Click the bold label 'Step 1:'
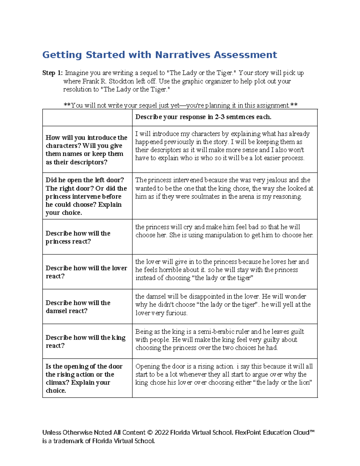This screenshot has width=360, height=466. click(52, 73)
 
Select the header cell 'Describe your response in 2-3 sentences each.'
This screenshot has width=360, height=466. click(203, 117)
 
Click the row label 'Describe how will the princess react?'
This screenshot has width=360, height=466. click(78, 237)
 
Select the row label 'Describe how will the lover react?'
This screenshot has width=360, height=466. click(86, 272)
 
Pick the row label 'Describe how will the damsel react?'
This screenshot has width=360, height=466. click(78, 307)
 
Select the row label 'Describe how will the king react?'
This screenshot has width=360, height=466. click(85, 341)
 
